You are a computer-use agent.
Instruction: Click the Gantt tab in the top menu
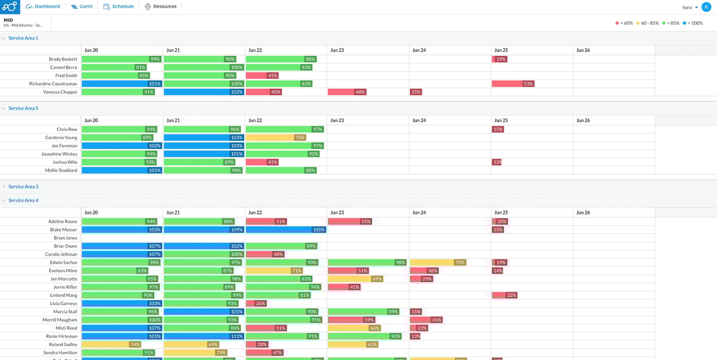click(x=82, y=7)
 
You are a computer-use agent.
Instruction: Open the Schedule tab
click(x=119, y=7)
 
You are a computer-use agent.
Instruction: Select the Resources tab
click(x=161, y=7)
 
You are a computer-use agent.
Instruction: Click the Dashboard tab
click(x=43, y=7)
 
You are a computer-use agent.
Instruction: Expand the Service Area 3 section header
click(x=23, y=187)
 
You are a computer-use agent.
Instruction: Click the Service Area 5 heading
click(x=23, y=109)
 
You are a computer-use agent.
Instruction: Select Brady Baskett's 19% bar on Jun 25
click(x=499, y=59)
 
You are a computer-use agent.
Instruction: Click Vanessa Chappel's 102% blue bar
click(x=204, y=92)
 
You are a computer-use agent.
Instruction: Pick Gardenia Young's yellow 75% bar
click(x=275, y=138)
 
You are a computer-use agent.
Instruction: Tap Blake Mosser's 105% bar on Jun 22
click(x=285, y=230)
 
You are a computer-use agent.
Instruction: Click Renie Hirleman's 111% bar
click(x=204, y=336)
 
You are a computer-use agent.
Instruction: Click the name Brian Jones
click(x=65, y=238)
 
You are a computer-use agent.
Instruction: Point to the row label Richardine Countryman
click(x=53, y=84)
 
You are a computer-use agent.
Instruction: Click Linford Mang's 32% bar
click(x=504, y=295)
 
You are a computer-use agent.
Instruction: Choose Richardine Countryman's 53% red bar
click(x=512, y=84)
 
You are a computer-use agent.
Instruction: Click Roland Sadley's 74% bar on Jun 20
click(x=111, y=345)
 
